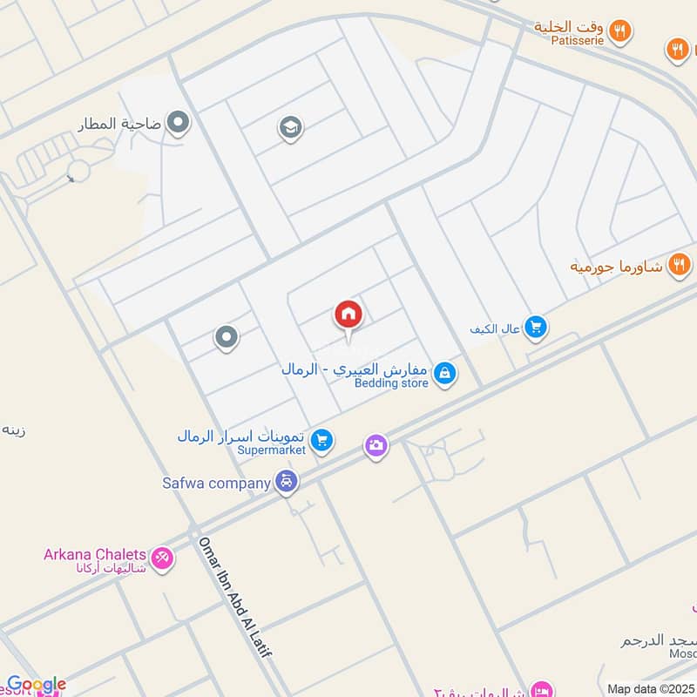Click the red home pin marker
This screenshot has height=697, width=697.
348,315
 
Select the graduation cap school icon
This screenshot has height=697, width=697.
290,129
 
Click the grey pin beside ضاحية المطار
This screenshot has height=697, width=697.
179,123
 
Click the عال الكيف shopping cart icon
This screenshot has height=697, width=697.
536,327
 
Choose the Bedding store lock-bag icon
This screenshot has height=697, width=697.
445,374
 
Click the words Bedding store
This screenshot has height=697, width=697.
391,383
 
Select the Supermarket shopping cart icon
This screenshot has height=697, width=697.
322,441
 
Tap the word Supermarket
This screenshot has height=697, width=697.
273,450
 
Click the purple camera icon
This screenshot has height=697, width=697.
376,446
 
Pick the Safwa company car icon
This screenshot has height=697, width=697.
287,481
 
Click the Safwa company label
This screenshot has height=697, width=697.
217,482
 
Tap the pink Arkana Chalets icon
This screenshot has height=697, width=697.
162,558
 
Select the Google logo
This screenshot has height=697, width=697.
37,685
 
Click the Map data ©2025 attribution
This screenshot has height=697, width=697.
652,688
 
